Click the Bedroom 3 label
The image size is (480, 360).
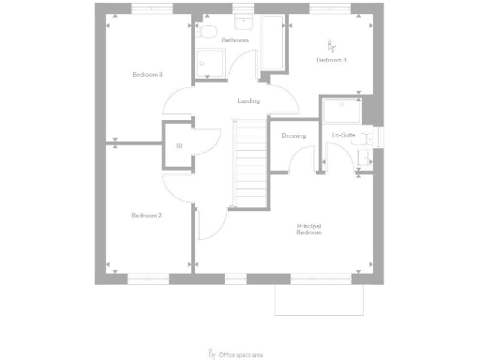click(147, 74)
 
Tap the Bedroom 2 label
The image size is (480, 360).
click(146, 216)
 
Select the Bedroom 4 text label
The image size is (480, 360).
click(331, 60)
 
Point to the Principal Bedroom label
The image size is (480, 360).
click(310, 230)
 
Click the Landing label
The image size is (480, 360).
click(248, 101)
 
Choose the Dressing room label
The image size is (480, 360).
click(293, 136)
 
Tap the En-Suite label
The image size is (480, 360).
click(342, 136)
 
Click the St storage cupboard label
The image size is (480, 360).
click(179, 145)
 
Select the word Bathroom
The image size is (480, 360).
click(234, 41)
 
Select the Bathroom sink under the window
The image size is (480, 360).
click(244, 22)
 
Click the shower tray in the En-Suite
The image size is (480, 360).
click(345, 110)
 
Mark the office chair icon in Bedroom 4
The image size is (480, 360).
click(330, 44)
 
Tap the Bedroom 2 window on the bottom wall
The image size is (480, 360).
click(147, 277)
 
